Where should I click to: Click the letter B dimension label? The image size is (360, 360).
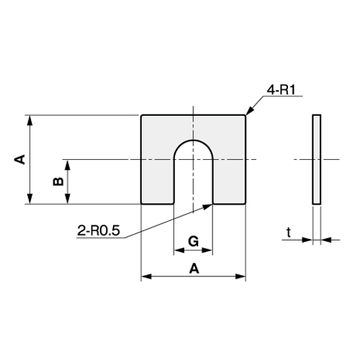coord(58,181)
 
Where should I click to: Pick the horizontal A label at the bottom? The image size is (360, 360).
coord(193,268)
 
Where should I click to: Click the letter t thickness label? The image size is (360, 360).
coord(288,232)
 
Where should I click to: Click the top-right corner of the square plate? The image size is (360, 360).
coord(246,116)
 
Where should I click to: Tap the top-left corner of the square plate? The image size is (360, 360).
coord(142,116)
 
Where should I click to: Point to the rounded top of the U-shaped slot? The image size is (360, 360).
coord(193,140)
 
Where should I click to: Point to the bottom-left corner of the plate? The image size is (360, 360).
coord(142,203)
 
